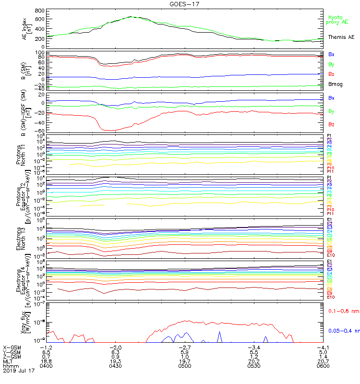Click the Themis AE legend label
pyautogui.click(x=341, y=37)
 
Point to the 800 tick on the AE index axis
pyautogui.click(x=40, y=11)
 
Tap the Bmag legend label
pyautogui.click(x=336, y=84)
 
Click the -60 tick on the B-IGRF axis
pyautogui.click(x=39, y=131)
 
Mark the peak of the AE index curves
pyautogui.click(x=131, y=17)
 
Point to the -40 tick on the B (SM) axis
pyautogui.click(x=39, y=88)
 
